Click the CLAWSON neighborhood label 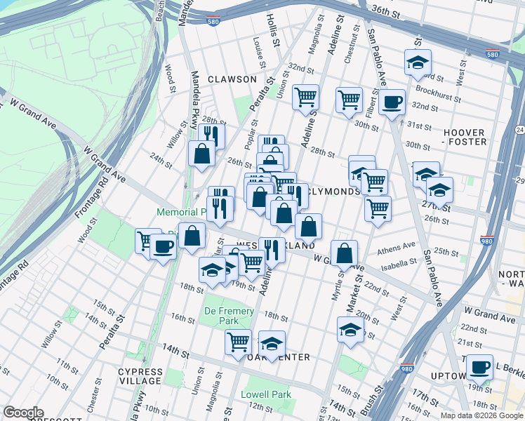(x=232, y=79)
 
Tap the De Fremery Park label (x=222, y=315)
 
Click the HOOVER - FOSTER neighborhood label (x=464, y=137)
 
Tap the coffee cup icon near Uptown (x=480, y=367)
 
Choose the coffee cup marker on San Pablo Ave (x=392, y=102)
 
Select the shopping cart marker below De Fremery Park (x=239, y=342)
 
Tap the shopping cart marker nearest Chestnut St (x=349, y=100)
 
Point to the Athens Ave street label (x=396, y=247)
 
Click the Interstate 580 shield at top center (x=214, y=22)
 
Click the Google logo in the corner (x=23, y=413)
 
